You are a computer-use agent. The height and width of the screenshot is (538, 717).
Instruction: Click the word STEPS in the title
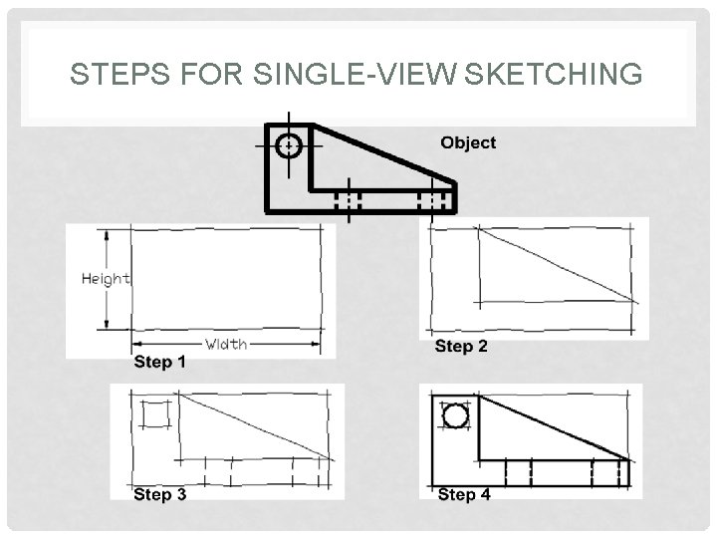109,75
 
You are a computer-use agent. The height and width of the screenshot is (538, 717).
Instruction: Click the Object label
468,142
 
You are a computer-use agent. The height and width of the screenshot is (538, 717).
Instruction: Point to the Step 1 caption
159,363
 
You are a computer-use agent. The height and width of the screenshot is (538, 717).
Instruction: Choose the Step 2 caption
461,347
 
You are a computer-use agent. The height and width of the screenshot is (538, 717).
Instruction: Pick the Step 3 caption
159,494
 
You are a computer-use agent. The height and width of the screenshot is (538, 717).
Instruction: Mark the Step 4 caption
464,494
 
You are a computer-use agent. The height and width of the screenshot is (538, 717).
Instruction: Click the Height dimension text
106,279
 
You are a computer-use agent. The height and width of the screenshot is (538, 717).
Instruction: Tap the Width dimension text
226,345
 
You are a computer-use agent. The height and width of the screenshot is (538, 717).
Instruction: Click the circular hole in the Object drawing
289,145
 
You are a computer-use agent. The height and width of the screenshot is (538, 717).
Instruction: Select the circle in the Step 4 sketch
455,415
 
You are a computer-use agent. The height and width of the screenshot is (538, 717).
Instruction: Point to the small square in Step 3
155,413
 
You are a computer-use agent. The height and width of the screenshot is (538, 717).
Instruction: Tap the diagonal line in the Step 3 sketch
255,426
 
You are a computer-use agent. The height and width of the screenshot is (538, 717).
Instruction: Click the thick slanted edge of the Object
384,153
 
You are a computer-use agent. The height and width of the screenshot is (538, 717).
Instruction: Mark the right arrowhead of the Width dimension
316,345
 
